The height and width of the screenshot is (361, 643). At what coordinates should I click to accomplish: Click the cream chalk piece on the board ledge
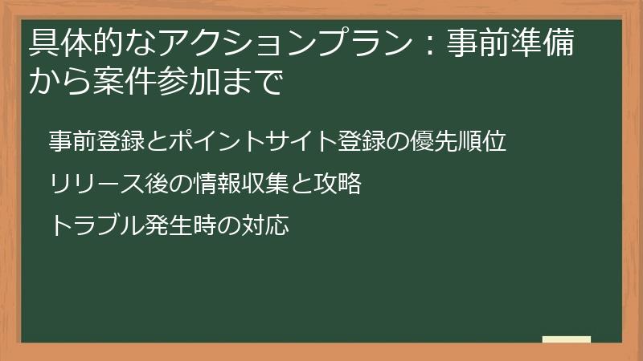point(566,339)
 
